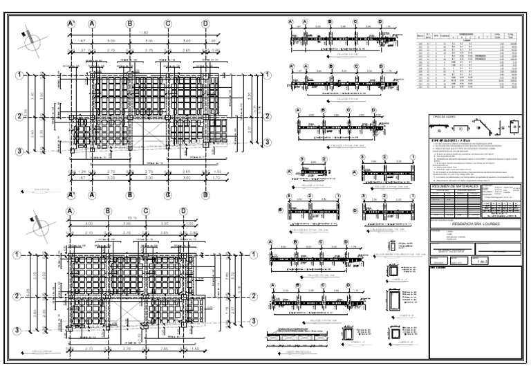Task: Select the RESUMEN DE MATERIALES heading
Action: tap(450, 186)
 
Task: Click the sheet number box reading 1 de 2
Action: tap(482, 262)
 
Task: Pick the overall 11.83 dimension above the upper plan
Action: tap(144, 33)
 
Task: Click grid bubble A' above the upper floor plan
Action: tap(71, 24)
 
